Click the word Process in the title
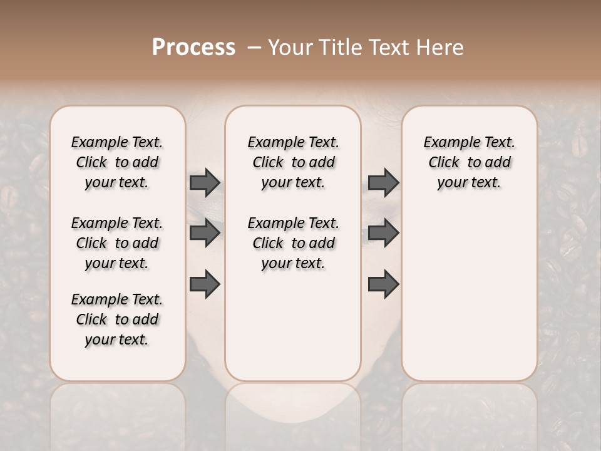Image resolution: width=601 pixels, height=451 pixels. coord(193,48)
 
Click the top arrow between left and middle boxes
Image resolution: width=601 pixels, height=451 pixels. coord(205,183)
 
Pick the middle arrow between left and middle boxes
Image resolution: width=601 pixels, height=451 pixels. coord(205,233)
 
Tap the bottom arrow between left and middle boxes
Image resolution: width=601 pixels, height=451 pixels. coord(205,284)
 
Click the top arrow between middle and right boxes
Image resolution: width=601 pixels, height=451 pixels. coord(383,183)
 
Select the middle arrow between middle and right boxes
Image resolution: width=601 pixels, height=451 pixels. coord(383,233)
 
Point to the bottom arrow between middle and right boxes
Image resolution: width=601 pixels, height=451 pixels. coord(383,284)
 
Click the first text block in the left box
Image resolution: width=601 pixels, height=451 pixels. coord(117,163)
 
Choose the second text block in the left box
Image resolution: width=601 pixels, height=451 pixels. coord(117,243)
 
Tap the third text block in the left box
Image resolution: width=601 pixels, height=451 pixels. coord(117,319)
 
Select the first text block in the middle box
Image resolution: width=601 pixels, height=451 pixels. coord(293,163)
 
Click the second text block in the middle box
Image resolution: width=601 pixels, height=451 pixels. coord(293,243)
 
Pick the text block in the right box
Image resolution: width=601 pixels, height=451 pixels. coord(469,163)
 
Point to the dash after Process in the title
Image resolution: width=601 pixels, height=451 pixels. coord(254,48)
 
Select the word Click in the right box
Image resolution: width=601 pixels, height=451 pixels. coord(444,163)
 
